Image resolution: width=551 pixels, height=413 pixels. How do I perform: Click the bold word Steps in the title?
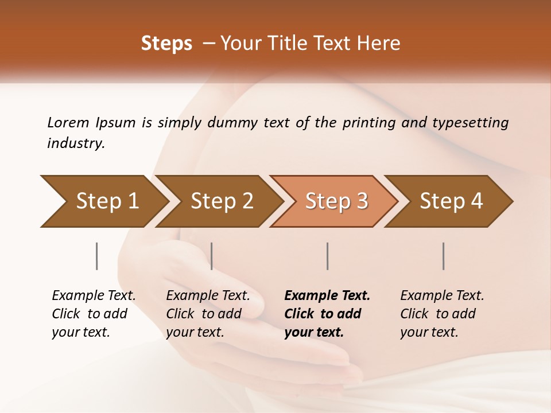click(166, 44)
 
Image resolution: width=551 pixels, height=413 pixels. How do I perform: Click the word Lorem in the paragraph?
click(68, 123)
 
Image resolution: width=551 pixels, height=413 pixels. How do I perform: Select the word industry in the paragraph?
click(75, 143)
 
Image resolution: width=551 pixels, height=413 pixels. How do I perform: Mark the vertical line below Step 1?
click(96, 256)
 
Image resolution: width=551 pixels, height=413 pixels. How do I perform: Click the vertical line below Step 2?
click(212, 256)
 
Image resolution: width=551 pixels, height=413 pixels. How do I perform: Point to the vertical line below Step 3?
click(327, 256)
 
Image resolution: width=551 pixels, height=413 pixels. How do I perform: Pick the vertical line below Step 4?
click(443, 256)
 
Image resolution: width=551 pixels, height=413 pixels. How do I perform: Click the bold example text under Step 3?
click(327, 314)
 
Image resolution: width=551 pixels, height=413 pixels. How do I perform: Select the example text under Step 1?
click(94, 314)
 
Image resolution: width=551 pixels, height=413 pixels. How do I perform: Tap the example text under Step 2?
click(208, 314)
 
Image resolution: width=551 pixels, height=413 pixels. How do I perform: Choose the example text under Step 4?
click(442, 314)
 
